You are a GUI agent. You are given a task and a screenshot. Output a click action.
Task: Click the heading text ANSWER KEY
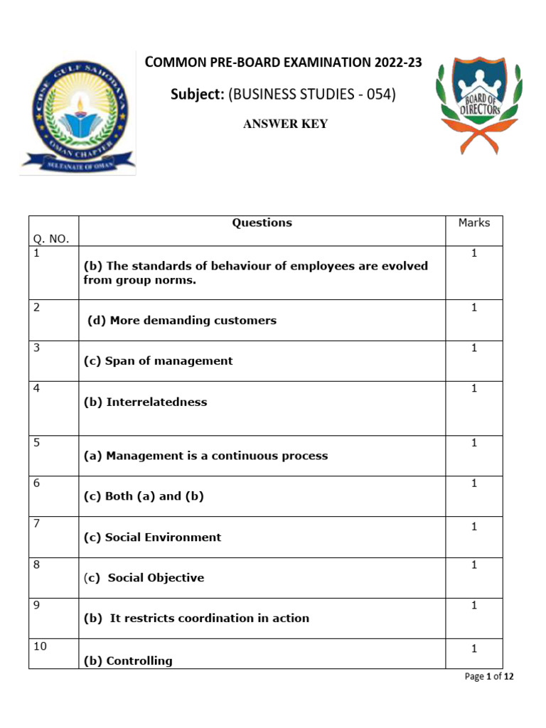(x=285, y=124)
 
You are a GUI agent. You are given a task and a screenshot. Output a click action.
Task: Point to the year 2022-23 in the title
(x=397, y=63)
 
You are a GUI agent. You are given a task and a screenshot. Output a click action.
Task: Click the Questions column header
(x=262, y=223)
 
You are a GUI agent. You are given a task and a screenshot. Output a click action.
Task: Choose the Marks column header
(x=473, y=223)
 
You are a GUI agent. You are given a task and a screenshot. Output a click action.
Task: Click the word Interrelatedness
(x=156, y=402)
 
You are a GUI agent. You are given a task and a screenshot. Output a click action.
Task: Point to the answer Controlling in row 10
(x=139, y=661)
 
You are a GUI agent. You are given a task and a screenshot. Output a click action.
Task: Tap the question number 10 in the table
(x=40, y=646)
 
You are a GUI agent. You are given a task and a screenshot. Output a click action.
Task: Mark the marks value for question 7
(x=473, y=527)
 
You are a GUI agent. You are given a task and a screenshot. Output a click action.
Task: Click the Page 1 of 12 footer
(x=488, y=677)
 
